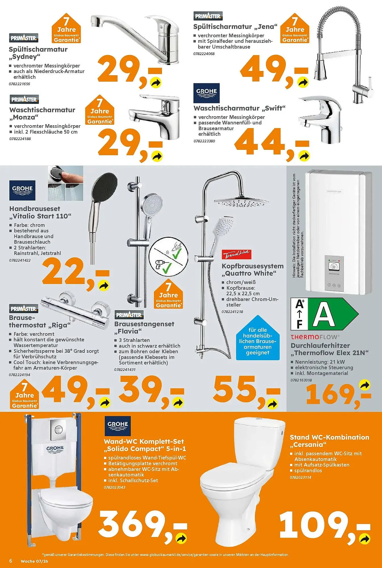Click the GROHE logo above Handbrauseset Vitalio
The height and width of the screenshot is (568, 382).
click(x=22, y=190)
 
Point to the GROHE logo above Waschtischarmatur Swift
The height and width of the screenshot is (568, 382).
click(x=206, y=93)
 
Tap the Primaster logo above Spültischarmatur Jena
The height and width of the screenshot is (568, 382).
click(x=208, y=16)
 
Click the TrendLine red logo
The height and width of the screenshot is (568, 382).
click(x=236, y=254)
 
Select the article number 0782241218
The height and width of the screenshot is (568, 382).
click(x=232, y=312)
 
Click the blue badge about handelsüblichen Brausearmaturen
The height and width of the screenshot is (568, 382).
click(x=258, y=341)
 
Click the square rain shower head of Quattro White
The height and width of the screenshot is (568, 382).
click(x=241, y=202)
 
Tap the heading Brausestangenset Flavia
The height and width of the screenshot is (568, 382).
click(x=144, y=327)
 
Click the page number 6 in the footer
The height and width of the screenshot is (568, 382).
click(x=11, y=561)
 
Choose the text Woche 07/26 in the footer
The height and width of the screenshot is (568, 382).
click(x=34, y=561)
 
